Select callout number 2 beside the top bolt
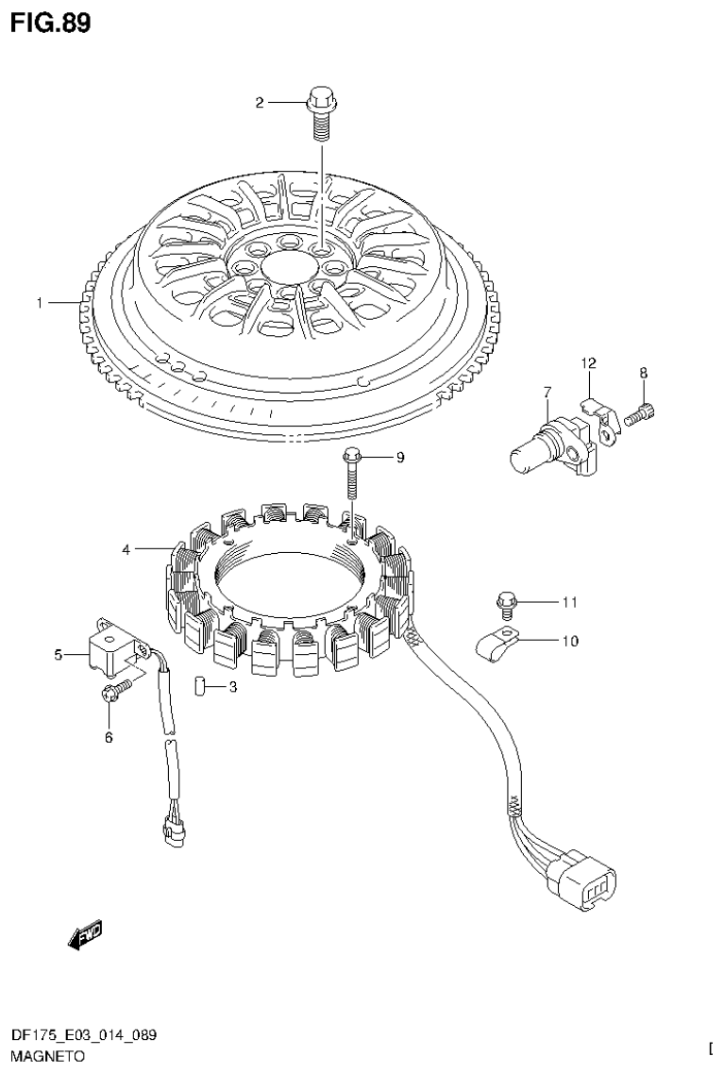260,103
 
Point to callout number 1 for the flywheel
40,303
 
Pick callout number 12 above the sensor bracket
588,363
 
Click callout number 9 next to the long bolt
399,458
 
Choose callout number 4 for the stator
126,548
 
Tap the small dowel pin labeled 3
199,685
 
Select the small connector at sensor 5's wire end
173,831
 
